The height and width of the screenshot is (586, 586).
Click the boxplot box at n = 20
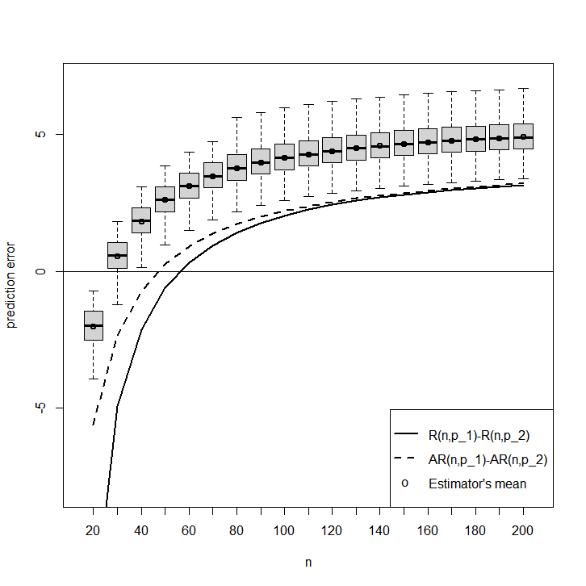coord(94,325)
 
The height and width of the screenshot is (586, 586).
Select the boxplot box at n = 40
coord(141,220)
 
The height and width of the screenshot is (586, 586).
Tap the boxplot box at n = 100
coord(284,157)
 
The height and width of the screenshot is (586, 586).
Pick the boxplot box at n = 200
coord(523,136)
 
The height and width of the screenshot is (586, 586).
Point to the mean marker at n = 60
coord(189,186)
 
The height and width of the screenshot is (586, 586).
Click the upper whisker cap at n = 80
coord(237,117)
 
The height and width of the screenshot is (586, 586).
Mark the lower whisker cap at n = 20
coord(94,379)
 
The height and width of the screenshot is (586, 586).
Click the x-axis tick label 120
coord(332,530)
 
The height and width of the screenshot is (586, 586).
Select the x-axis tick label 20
coord(93,530)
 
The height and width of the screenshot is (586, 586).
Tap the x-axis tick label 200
coord(522,530)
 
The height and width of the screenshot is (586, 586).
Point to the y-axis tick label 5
coord(40,134)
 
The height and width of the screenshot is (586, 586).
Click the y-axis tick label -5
coord(40,408)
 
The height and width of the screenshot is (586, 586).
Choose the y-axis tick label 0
coord(40,271)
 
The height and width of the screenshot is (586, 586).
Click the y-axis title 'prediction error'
coord(10,285)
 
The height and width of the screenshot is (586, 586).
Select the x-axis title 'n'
coord(308,563)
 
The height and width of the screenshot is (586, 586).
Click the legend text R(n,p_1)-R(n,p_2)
coord(479,436)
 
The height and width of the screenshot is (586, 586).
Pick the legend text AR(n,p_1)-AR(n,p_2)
coord(488,460)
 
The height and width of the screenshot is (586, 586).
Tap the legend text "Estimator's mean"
coord(477,483)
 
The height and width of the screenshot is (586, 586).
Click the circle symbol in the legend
coord(404,483)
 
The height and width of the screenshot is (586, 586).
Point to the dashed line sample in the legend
coord(406,458)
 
